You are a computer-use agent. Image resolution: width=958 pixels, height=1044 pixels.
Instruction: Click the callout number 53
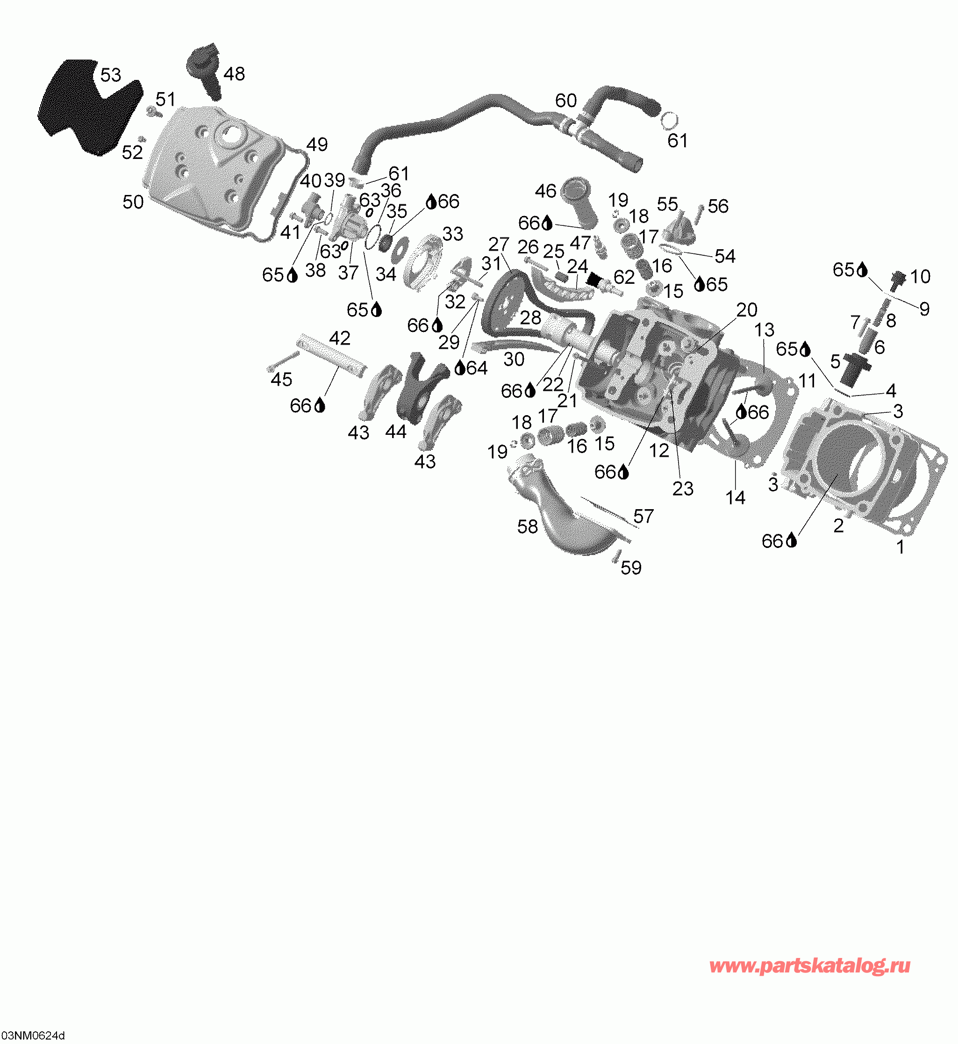coord(110,75)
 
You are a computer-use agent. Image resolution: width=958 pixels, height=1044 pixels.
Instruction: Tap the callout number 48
coord(234,74)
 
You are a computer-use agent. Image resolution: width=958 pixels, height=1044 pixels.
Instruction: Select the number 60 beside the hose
coord(565,100)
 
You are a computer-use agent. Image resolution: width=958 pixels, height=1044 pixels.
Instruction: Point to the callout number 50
coord(133,202)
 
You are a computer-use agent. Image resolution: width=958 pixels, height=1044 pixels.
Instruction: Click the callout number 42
coord(340,338)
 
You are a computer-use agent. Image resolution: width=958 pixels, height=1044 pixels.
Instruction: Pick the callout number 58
coord(528,526)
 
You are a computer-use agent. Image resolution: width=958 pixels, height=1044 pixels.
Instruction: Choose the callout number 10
coord(920,276)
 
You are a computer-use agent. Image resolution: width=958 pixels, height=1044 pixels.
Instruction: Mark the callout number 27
coord(499,244)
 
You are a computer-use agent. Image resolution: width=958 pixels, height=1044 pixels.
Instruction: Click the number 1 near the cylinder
coord(901,547)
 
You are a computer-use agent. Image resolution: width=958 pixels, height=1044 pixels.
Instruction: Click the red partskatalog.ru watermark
coord(810,965)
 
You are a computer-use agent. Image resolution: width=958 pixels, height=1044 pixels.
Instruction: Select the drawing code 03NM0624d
coord(33,1036)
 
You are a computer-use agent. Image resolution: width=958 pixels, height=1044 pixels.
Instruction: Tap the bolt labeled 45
coord(283,361)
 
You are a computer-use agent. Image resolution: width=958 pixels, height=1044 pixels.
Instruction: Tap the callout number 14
coord(735,498)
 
